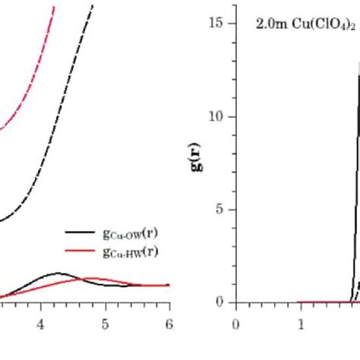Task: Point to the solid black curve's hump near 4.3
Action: click(x=58, y=273)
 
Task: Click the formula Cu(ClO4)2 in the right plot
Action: click(x=322, y=24)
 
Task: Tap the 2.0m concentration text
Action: click(x=270, y=24)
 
